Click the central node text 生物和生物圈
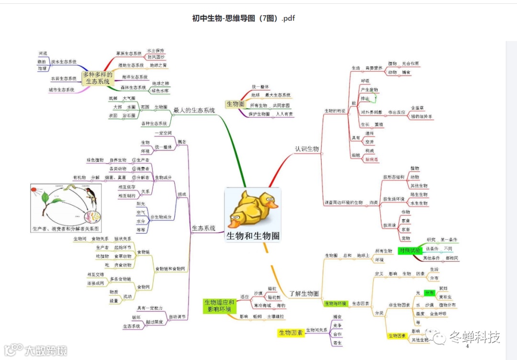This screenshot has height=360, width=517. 253,236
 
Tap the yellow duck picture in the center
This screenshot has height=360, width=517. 252,209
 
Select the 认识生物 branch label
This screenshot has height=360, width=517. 307,149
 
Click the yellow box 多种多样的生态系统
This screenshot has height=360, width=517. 97,78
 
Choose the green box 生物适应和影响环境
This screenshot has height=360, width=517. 219,306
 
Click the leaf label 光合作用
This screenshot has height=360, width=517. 410,63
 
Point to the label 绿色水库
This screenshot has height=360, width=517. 160,90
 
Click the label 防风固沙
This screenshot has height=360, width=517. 156,57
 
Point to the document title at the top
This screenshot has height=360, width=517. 244,18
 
